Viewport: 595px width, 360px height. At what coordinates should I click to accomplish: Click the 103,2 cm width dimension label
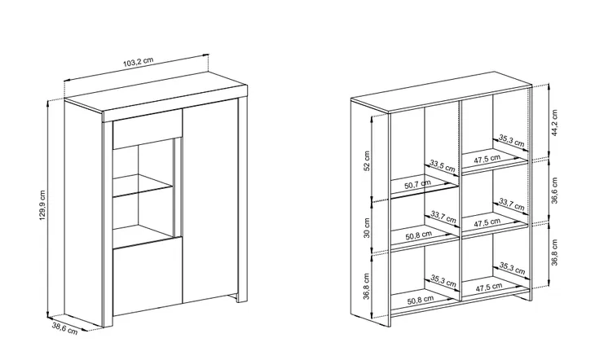click(138, 63)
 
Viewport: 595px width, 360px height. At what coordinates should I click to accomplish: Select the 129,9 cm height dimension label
click(42, 205)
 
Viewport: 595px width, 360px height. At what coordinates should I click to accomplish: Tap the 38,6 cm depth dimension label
click(64, 327)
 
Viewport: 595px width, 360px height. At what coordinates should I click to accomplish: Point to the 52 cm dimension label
click(367, 161)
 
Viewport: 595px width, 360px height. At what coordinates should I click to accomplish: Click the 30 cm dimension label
click(367, 227)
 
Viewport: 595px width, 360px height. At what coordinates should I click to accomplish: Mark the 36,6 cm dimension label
click(554, 191)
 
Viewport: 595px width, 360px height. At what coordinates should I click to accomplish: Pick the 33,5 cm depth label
click(442, 166)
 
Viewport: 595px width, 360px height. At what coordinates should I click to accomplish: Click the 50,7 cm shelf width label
click(417, 185)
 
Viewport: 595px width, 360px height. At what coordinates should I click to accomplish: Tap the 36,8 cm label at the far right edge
click(554, 252)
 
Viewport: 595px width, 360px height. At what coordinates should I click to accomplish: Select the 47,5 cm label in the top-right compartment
click(487, 159)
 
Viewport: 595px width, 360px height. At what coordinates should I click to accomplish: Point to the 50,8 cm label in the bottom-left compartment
click(421, 301)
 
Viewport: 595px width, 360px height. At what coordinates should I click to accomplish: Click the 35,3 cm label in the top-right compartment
click(512, 141)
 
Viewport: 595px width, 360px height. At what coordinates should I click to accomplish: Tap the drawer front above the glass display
click(148, 130)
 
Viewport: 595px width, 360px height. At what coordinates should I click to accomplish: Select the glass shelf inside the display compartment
click(143, 185)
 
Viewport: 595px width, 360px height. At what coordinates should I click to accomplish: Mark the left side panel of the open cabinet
click(370, 213)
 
